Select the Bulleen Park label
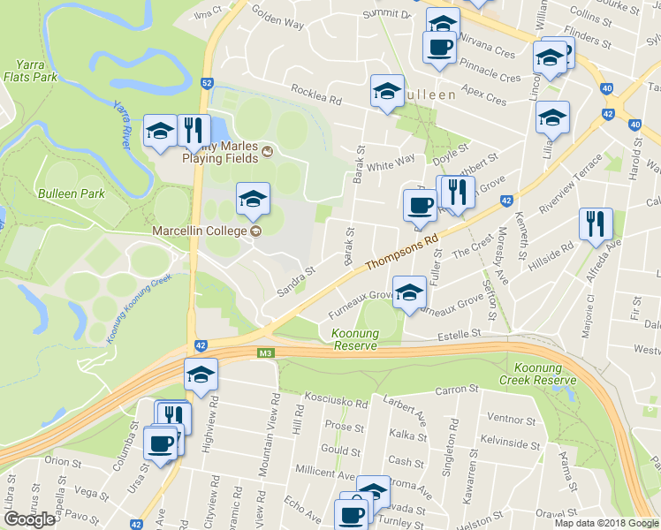[71, 193]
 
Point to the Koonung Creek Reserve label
[537, 373]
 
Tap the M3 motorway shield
[265, 354]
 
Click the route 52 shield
[207, 82]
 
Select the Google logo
[30, 519]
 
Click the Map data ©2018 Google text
[606, 523]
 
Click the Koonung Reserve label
[354, 339]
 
